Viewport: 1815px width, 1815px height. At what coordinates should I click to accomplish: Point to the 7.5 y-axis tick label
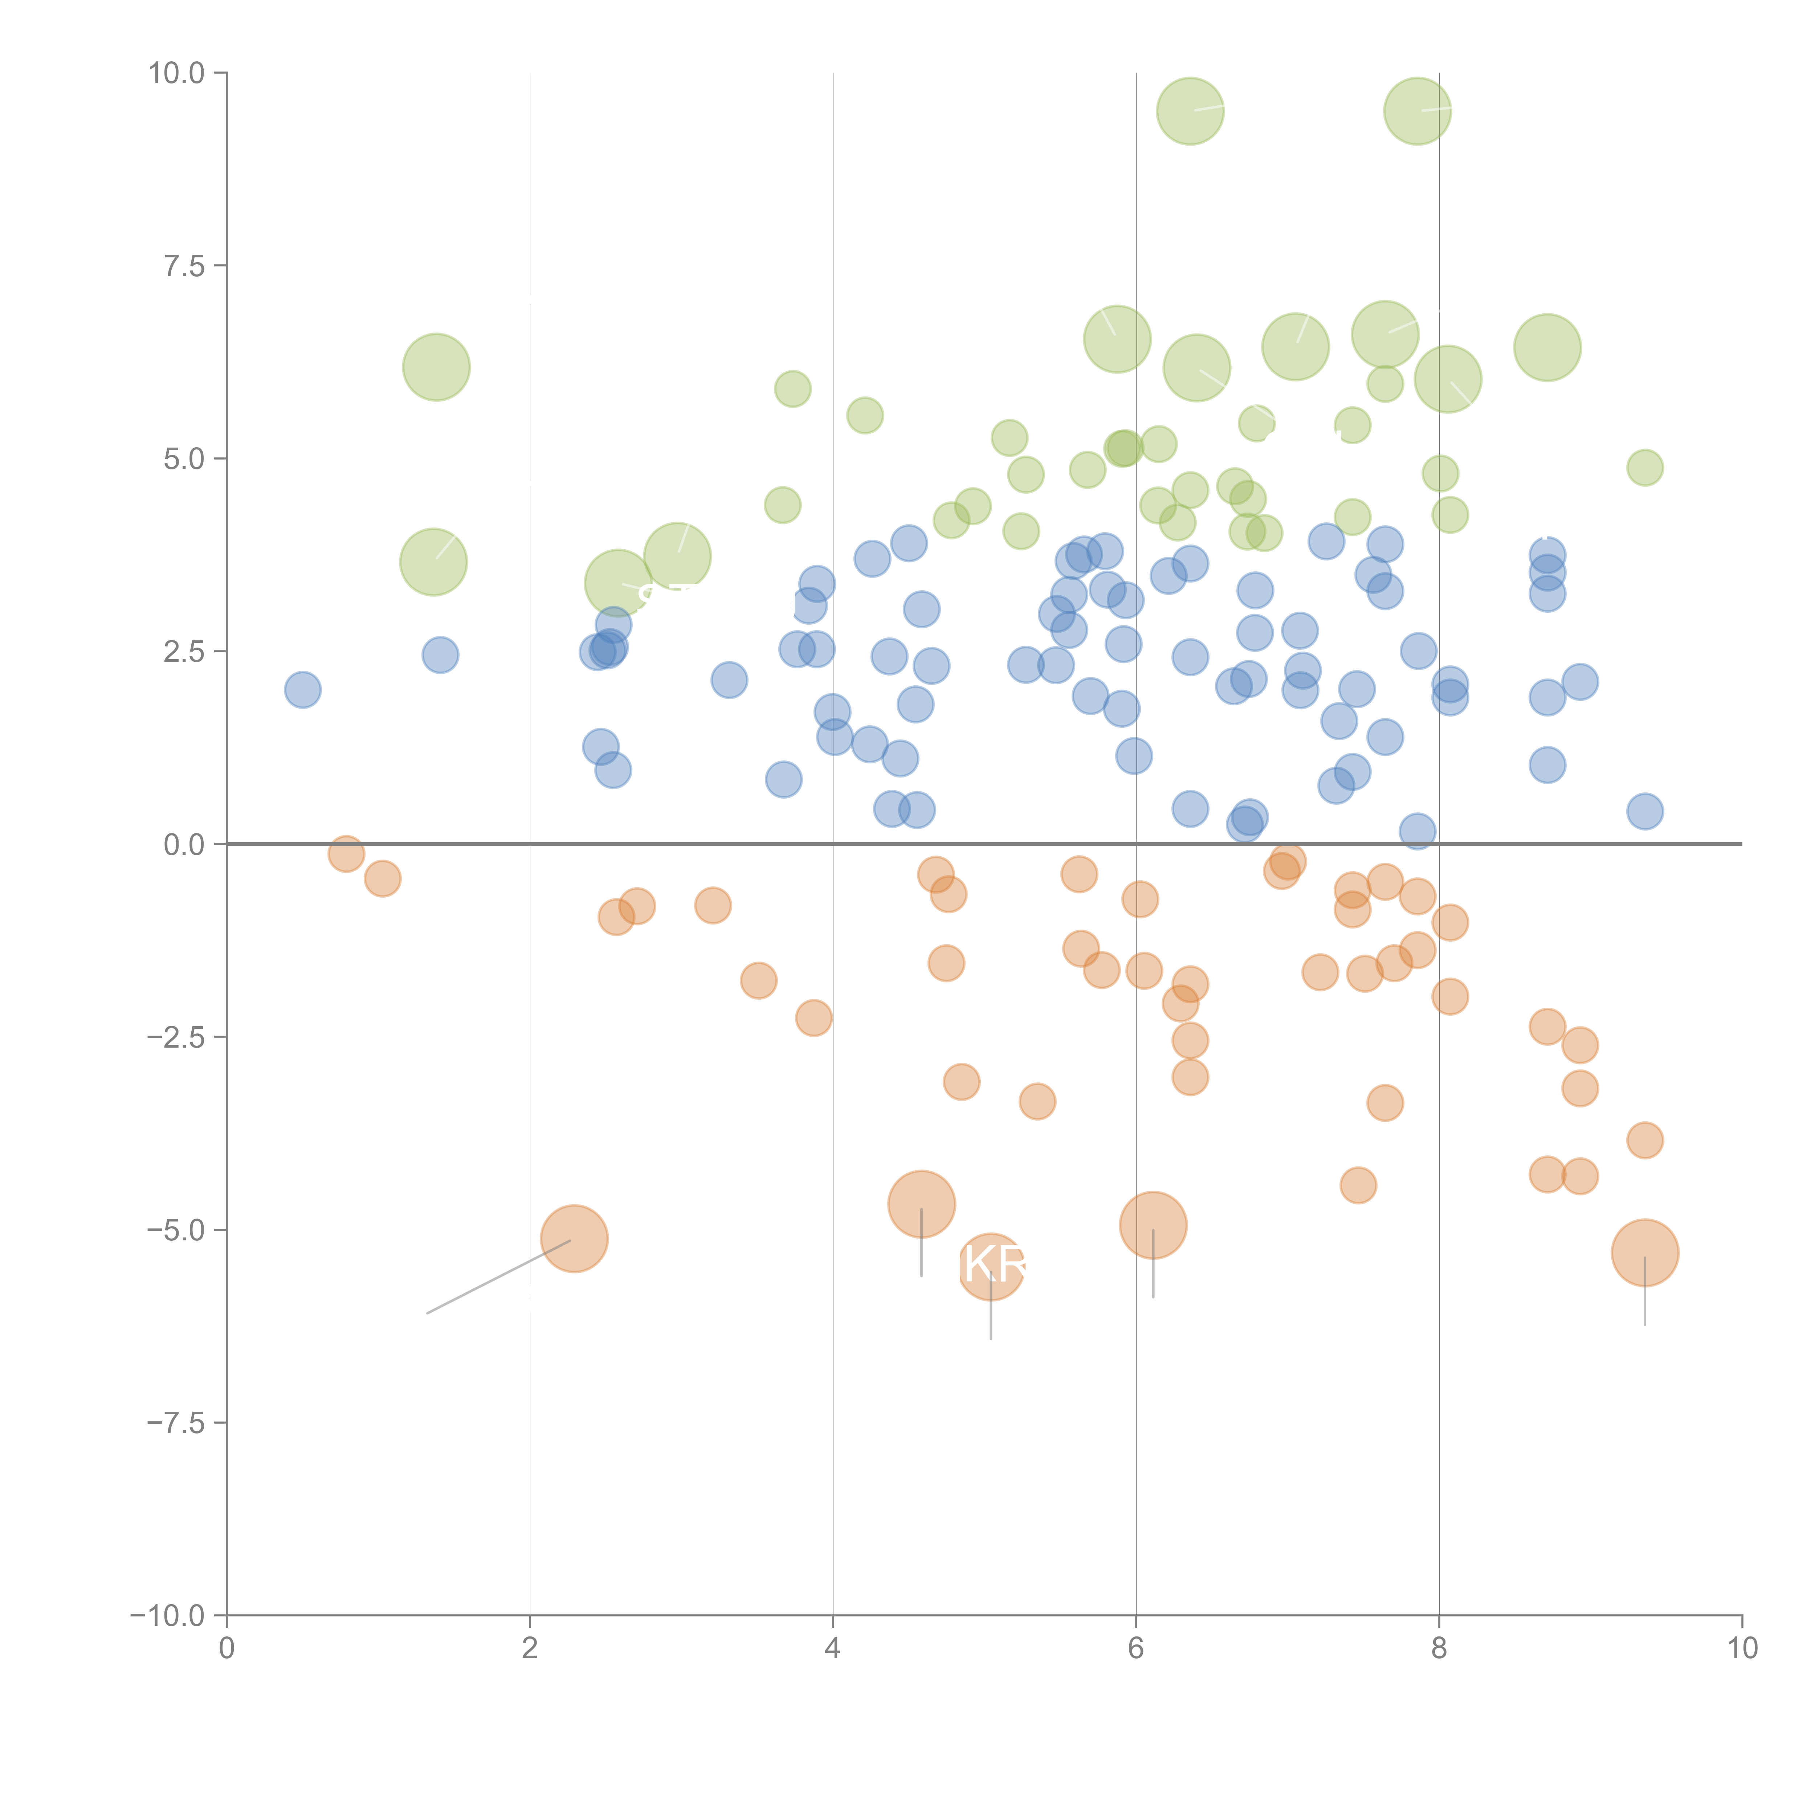[x=184, y=266]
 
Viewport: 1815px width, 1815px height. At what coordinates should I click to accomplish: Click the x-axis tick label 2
[x=530, y=1649]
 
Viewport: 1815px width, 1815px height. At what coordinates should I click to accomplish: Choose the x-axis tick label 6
[x=1136, y=1649]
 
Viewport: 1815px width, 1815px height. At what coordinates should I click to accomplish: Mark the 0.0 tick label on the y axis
[x=184, y=845]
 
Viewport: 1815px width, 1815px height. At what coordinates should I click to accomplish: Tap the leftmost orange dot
[x=347, y=854]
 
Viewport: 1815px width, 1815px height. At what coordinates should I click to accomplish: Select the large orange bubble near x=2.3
[x=574, y=1238]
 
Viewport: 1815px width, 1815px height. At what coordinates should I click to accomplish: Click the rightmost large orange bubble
[x=1644, y=1252]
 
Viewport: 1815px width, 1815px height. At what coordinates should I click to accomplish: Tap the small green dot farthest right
[x=1644, y=467]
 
